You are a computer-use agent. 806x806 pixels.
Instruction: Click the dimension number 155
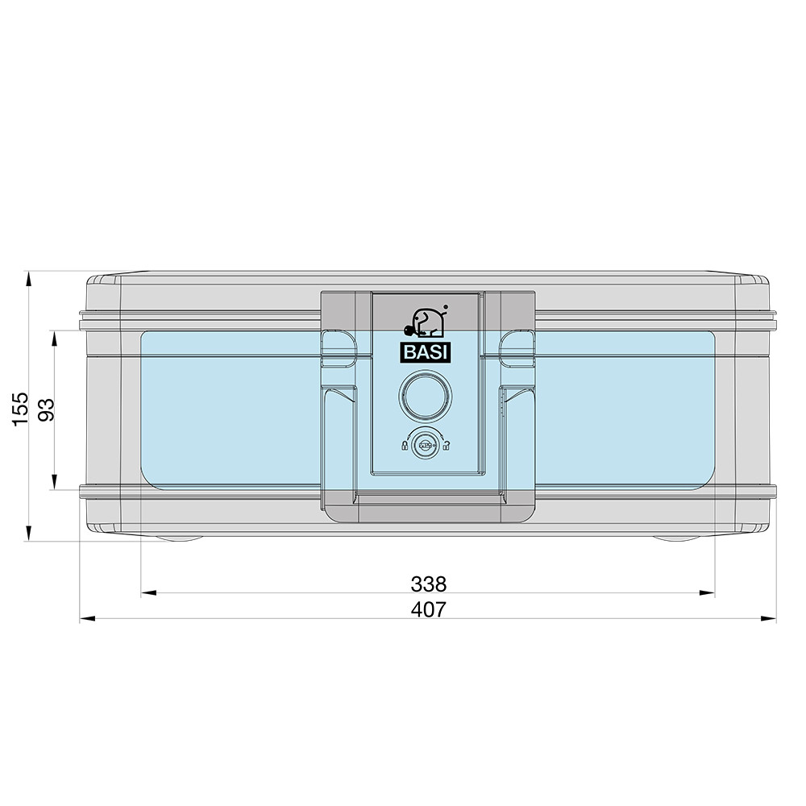[x=21, y=409]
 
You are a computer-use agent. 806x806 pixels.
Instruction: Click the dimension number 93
[x=46, y=409]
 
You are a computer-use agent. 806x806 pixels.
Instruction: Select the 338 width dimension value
[x=429, y=584]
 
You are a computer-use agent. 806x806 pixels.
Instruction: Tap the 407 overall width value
[x=429, y=609]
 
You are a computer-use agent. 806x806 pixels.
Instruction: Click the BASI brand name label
[x=426, y=353]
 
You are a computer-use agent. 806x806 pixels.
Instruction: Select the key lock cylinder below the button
[x=425, y=445]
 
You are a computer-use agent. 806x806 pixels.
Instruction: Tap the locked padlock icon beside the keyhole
[x=405, y=445]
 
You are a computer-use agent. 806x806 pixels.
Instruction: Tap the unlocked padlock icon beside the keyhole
[x=447, y=445]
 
